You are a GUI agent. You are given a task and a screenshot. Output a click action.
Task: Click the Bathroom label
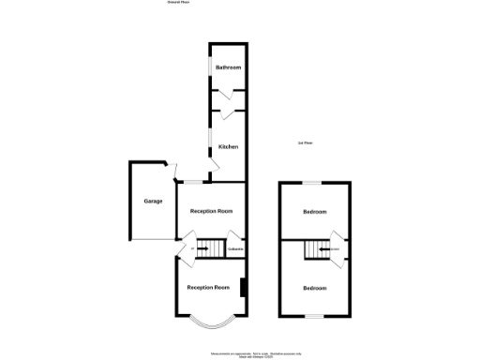pyautogui.click(x=229, y=68)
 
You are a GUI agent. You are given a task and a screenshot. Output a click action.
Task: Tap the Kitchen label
pyautogui.click(x=229, y=147)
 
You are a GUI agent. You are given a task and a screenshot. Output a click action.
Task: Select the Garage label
pyautogui.click(x=153, y=202)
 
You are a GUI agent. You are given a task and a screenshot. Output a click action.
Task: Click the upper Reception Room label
pyautogui.click(x=210, y=212)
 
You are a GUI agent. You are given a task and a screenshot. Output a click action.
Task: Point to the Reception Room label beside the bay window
pyautogui.click(x=208, y=287)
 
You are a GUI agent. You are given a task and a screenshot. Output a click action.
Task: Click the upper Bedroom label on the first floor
pyautogui.click(x=314, y=213)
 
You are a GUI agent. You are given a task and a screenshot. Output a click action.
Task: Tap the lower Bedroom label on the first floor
pyautogui.click(x=314, y=288)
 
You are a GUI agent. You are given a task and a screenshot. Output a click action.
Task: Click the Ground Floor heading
pyautogui.click(x=179, y=3)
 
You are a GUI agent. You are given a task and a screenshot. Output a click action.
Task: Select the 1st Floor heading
pyautogui.click(x=305, y=142)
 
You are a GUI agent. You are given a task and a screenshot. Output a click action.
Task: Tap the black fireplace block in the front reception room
pyautogui.click(x=244, y=288)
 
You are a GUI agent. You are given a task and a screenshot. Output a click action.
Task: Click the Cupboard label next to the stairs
pyautogui.click(x=235, y=249)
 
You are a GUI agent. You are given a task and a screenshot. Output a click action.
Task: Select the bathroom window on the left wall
pyautogui.click(x=209, y=68)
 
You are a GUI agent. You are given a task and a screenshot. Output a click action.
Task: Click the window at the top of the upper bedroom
pyautogui.click(x=314, y=182)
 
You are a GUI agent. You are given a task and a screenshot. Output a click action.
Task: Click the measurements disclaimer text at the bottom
pyautogui.click(x=240, y=352)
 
